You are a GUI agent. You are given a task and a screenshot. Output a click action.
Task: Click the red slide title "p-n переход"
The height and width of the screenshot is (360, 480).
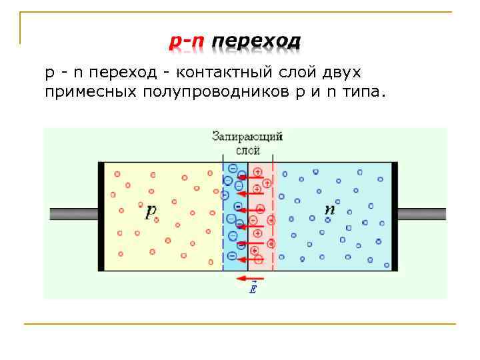click(x=234, y=42)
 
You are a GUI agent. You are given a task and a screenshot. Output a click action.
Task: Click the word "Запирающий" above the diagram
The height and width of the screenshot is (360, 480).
click(x=247, y=137)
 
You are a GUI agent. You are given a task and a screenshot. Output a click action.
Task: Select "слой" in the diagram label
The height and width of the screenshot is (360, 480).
click(x=247, y=151)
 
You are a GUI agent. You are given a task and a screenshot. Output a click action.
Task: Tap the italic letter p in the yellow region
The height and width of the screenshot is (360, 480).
click(x=151, y=211)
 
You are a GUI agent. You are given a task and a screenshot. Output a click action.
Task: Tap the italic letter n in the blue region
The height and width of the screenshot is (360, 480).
click(x=329, y=209)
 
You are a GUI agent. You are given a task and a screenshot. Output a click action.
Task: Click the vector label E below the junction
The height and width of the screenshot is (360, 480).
click(x=253, y=289)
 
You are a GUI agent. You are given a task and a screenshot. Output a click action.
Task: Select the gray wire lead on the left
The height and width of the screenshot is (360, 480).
click(x=74, y=215)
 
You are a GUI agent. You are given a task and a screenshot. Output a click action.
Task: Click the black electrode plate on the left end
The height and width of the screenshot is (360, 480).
click(x=101, y=216)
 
